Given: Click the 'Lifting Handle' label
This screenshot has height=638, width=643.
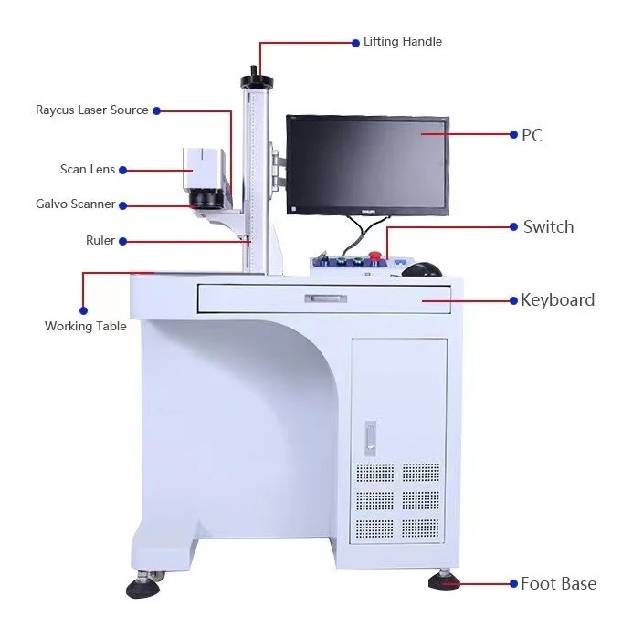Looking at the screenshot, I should (x=402, y=42).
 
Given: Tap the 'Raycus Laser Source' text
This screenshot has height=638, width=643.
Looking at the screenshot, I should (x=91, y=110).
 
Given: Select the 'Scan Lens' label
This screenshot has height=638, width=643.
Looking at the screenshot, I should (x=87, y=170).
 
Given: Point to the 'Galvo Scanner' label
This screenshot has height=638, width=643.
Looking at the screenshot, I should (x=76, y=204).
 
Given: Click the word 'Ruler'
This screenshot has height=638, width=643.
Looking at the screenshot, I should (x=100, y=241).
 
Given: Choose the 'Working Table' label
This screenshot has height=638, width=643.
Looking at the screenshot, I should (x=86, y=326).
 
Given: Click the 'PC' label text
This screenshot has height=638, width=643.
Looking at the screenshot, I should (x=532, y=135).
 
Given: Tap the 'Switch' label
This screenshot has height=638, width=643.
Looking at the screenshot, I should (x=548, y=226).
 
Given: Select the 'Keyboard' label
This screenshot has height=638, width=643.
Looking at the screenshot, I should (x=557, y=300).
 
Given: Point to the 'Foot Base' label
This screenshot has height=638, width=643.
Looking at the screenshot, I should (x=558, y=583).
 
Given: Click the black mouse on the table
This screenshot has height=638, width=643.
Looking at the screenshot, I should (x=421, y=268).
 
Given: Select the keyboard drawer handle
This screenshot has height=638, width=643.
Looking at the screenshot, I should (x=326, y=298).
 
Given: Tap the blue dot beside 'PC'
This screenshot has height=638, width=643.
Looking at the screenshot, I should (x=513, y=135).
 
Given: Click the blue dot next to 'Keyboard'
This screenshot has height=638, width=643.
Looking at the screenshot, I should (x=512, y=300).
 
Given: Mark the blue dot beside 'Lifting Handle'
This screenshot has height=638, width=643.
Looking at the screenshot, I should (x=355, y=42).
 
